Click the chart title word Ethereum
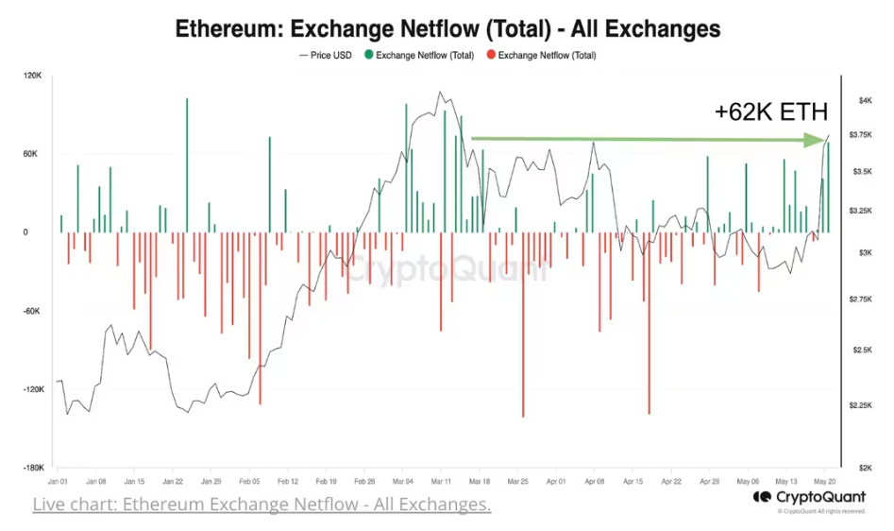[232, 28]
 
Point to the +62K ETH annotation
[770, 111]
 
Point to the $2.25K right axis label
[859, 405]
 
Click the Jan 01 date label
[58, 480]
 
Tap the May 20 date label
[825, 480]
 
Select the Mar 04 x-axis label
[402, 480]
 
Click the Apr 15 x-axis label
[633, 480]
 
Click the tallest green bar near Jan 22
[187, 165]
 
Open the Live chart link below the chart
[261, 505]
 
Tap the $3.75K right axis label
[859, 135]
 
